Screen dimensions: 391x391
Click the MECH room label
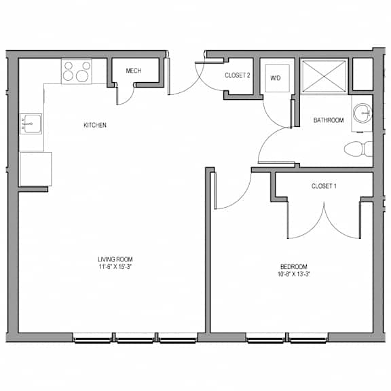[134, 71]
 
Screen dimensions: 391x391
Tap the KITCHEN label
[95, 125]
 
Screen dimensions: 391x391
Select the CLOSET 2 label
[238, 75]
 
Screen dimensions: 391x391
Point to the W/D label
[276, 78]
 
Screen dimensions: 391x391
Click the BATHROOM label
[329, 120]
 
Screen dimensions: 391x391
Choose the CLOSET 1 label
[324, 186]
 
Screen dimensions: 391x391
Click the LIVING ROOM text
[115, 259]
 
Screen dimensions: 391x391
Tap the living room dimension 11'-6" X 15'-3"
[115, 267]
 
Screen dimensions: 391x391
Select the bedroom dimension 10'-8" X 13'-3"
[294, 274]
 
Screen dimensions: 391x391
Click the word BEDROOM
[294, 267]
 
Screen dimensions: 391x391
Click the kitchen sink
[31, 124]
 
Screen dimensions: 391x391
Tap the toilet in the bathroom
[358, 149]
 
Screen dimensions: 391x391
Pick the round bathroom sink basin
[362, 113]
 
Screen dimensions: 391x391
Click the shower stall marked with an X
[324, 77]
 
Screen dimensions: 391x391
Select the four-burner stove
[77, 71]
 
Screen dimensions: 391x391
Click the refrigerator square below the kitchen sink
[36, 169]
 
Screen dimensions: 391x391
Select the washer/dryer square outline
[277, 78]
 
